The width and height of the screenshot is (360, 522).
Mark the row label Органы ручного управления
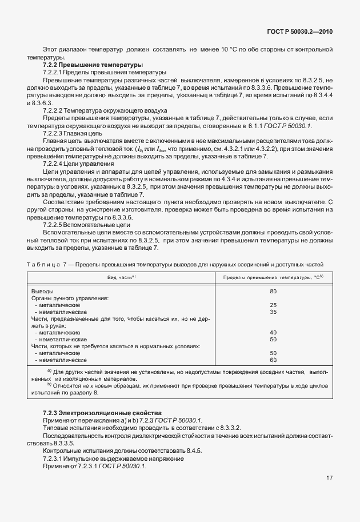pyautogui.click(x=70, y=298)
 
